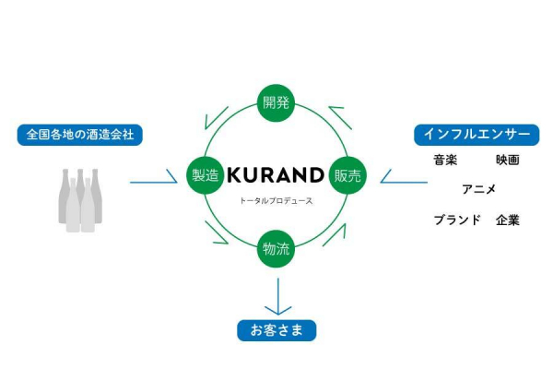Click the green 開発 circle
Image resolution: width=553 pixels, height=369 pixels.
[276, 102]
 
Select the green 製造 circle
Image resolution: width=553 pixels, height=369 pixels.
[206, 175]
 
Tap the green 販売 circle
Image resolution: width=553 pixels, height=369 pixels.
[347, 175]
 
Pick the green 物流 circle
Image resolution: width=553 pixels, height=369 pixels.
[276, 248]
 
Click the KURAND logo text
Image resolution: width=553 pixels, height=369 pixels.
[276, 175]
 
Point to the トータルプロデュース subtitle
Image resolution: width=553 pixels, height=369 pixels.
[276, 201]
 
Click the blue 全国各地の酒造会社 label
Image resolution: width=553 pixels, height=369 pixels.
[79, 135]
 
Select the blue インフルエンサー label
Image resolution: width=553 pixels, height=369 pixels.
[477, 135]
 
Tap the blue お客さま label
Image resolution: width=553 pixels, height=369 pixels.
[276, 330]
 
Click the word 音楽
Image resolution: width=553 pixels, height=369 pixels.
[445, 160]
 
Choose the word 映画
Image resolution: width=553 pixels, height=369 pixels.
[508, 160]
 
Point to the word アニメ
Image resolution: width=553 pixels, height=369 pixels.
[479, 190]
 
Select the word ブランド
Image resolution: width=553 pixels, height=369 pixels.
[457, 220]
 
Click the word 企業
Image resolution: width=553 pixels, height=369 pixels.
[508, 220]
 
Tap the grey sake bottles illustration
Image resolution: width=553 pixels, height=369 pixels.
[80, 200]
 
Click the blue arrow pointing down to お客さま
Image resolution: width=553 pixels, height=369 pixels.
[278, 297]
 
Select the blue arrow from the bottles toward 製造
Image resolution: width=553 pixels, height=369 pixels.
[153, 176]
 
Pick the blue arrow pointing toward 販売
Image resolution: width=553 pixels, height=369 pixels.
[404, 176]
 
